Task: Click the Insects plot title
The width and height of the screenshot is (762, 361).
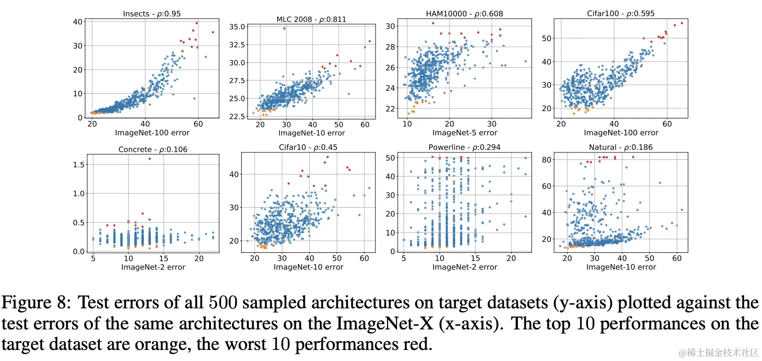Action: (151, 14)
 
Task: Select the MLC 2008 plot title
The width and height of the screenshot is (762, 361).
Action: (311, 20)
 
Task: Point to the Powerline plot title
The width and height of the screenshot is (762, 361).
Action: (464, 147)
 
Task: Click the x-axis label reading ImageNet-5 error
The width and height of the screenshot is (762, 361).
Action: (465, 133)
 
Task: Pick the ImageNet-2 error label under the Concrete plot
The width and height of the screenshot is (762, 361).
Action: (153, 267)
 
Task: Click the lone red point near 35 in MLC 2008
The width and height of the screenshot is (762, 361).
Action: (284, 28)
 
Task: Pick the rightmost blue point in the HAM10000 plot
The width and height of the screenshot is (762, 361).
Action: (525, 61)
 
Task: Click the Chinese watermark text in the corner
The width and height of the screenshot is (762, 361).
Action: (715, 354)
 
